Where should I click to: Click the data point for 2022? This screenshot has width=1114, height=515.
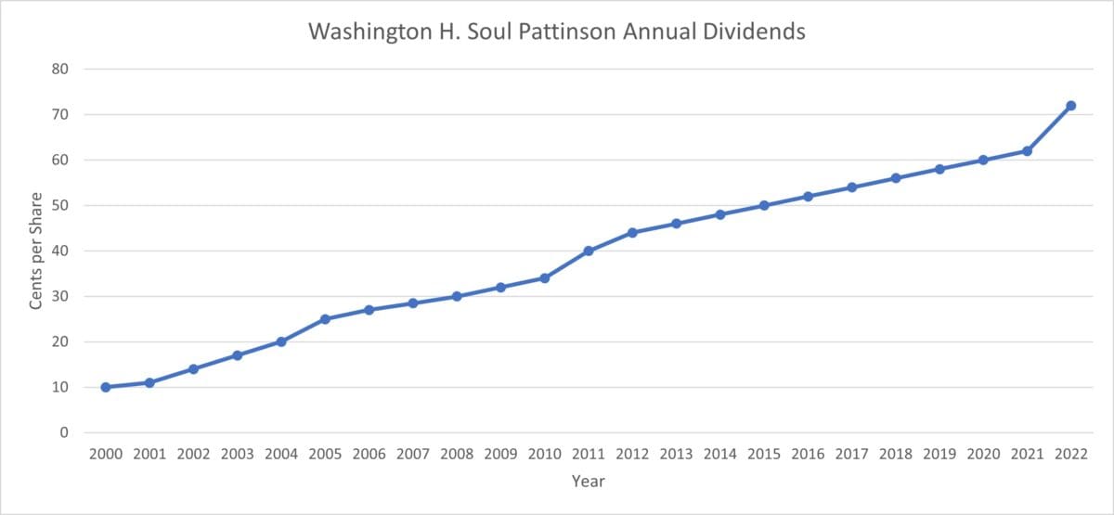click(x=1070, y=106)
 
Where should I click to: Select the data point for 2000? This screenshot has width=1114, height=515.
click(x=106, y=387)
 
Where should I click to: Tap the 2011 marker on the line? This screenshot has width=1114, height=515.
click(x=589, y=251)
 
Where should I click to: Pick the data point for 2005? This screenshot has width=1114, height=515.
click(x=325, y=319)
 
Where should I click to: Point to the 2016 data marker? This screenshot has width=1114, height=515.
click(x=808, y=196)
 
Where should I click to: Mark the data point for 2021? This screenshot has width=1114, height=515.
click(x=1027, y=150)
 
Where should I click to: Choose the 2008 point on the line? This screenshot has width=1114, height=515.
click(x=457, y=297)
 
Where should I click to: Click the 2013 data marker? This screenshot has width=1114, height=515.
click(x=676, y=224)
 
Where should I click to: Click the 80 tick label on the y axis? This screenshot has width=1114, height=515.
click(x=61, y=69)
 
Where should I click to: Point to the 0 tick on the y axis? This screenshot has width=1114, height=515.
click(x=65, y=432)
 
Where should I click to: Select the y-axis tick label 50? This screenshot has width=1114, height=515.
click(x=61, y=205)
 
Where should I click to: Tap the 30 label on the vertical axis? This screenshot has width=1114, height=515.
click(x=61, y=296)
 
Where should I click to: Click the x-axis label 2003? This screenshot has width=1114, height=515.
click(x=238, y=455)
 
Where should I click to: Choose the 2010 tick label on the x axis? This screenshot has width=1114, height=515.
click(x=544, y=455)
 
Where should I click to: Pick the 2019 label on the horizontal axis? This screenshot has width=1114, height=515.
click(x=939, y=455)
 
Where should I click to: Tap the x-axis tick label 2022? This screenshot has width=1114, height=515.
click(x=1070, y=455)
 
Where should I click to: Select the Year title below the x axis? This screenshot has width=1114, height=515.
click(x=589, y=482)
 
